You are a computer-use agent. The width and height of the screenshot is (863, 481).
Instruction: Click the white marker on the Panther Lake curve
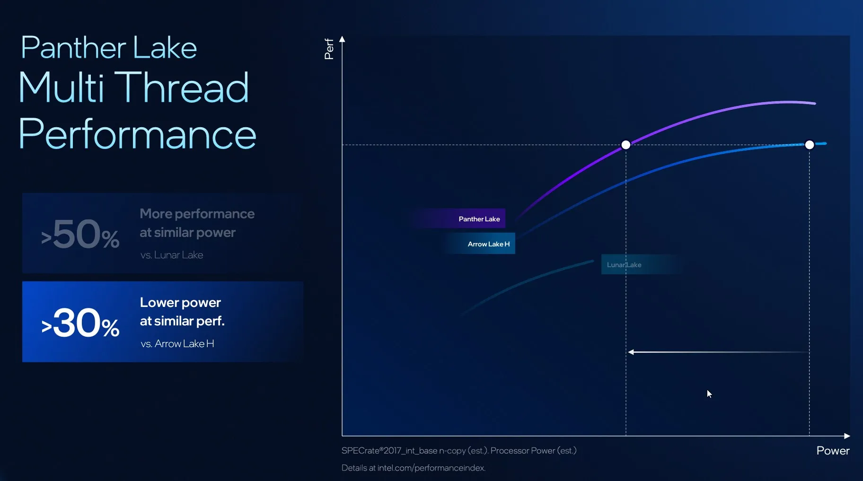tap(625, 145)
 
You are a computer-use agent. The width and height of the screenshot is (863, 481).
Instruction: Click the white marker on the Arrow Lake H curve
tap(810, 145)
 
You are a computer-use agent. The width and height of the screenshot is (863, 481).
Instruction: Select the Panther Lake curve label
tap(479, 219)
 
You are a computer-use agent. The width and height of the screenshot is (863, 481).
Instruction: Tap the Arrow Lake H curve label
tap(488, 244)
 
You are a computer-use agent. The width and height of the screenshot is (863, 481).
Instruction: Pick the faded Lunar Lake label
tap(624, 265)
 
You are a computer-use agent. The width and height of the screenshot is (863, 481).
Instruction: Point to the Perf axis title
tap(329, 49)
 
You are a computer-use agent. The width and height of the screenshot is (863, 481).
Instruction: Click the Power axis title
tap(833, 451)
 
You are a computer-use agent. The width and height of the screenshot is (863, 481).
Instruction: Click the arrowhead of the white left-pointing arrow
tap(631, 352)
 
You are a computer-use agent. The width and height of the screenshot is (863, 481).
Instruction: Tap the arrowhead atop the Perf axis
tap(342, 39)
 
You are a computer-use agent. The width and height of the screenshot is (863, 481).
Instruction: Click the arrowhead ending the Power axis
tap(847, 436)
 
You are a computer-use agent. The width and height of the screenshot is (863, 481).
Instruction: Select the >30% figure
tap(80, 324)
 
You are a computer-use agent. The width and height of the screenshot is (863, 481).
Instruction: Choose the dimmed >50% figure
tap(80, 235)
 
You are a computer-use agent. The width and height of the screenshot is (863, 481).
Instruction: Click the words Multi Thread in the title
tap(134, 87)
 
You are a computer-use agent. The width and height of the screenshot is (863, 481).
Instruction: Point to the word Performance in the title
tap(137, 134)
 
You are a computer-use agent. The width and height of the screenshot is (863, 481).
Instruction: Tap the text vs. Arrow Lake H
tap(177, 344)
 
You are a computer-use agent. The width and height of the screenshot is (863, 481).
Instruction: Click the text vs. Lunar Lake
tap(172, 255)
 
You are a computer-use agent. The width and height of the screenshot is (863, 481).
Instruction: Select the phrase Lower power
tap(180, 303)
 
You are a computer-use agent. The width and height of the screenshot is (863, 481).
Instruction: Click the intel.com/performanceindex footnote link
tap(431, 468)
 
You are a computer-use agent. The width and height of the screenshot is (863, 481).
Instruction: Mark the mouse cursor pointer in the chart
tap(709, 394)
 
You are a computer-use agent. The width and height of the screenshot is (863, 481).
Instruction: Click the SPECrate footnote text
tap(458, 451)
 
